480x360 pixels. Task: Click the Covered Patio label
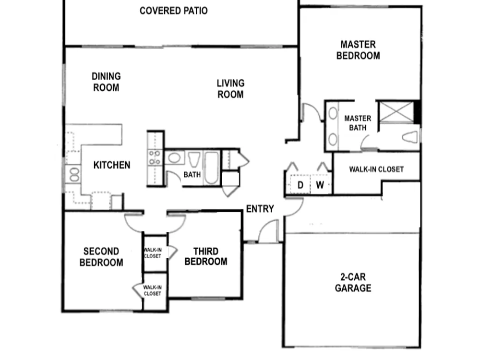(x=174, y=11)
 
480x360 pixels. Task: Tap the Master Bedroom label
(x=358, y=50)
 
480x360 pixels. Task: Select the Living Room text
(x=230, y=89)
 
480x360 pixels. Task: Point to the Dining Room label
(x=106, y=82)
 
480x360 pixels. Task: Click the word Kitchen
(x=112, y=165)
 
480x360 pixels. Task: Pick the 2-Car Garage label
(x=353, y=283)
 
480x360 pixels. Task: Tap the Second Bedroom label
(x=101, y=257)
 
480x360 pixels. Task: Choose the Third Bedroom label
(x=206, y=256)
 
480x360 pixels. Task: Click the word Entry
(x=260, y=209)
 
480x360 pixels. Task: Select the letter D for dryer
(x=300, y=185)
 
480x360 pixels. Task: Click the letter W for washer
(x=320, y=185)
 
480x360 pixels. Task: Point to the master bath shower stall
(x=396, y=112)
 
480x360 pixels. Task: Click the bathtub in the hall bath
(x=211, y=168)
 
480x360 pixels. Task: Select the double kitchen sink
(x=74, y=174)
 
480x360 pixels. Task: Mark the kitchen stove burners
(x=155, y=157)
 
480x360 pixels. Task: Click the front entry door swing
(x=268, y=231)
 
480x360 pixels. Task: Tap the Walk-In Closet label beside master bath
(x=376, y=169)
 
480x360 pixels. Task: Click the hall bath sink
(x=174, y=158)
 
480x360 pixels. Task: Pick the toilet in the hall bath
(x=194, y=159)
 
